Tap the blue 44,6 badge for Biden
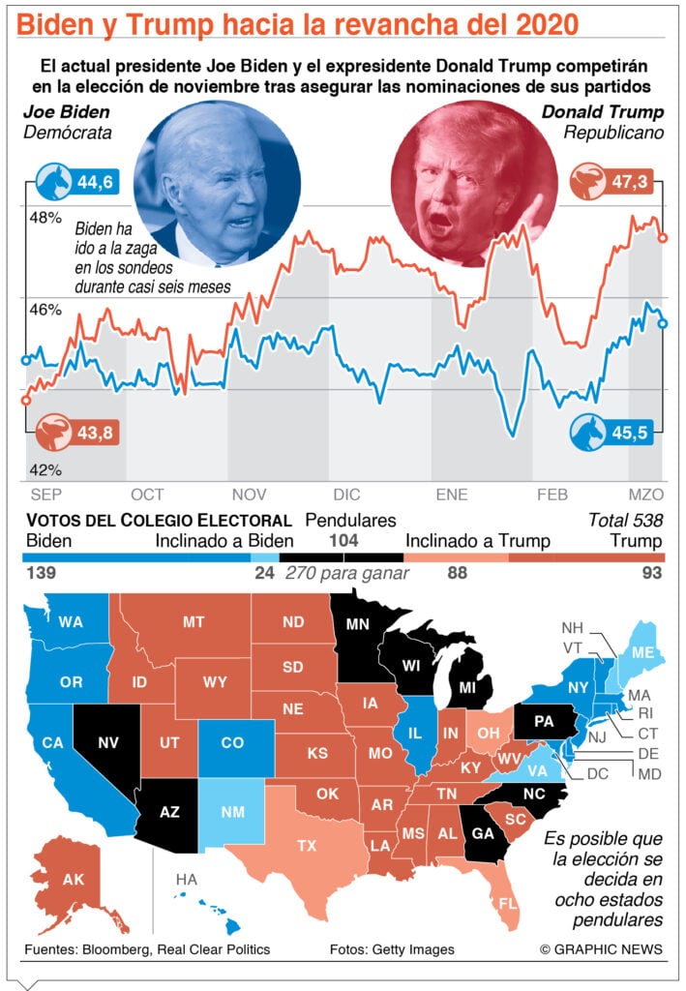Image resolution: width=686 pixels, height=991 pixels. pos(76,182)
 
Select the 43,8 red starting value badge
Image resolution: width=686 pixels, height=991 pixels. pos(76,433)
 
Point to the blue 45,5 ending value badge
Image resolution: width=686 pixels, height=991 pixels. pos(611,433)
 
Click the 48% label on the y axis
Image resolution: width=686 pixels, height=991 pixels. pos(45,218)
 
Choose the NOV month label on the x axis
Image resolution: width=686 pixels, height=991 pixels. pos(249,495)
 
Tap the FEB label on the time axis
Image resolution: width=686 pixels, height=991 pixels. pos(552,495)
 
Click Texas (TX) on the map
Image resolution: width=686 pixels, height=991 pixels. pos(307,844)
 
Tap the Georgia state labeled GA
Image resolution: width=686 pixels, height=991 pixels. pos(483,833)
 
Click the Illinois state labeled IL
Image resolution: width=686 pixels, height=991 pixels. pos(416,734)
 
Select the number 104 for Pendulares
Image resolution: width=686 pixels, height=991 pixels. pos(343,540)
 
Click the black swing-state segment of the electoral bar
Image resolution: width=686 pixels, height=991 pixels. pos(342,557)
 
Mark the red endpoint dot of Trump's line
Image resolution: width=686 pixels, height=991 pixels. pos(663,238)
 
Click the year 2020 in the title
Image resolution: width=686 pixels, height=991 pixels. pos(547,24)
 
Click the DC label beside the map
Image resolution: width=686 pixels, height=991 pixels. pos(597,774)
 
